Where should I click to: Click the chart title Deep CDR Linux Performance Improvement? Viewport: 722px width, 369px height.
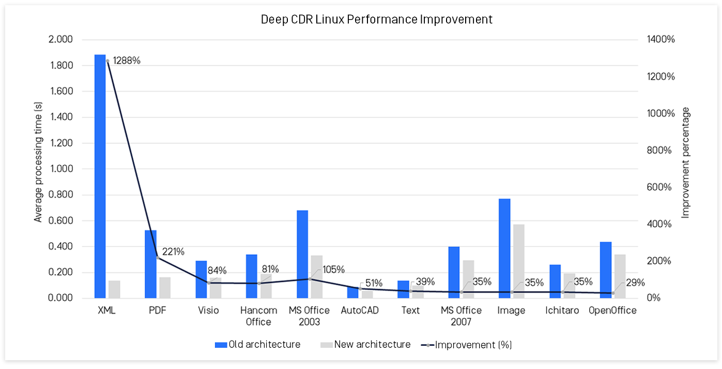click(376, 20)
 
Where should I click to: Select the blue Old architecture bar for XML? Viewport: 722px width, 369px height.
click(100, 176)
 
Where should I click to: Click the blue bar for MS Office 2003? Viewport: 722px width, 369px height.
click(302, 254)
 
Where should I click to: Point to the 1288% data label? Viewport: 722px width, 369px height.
click(127, 61)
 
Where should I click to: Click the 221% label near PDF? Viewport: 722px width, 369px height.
click(173, 252)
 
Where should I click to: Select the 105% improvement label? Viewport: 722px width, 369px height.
click(333, 270)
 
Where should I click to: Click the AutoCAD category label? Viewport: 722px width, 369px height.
click(360, 311)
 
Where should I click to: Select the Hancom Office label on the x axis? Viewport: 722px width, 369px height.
click(258, 316)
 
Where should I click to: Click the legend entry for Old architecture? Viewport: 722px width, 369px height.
click(258, 345)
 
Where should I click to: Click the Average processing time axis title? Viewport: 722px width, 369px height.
click(38, 169)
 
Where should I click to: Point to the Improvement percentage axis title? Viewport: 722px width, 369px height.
click(685, 163)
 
